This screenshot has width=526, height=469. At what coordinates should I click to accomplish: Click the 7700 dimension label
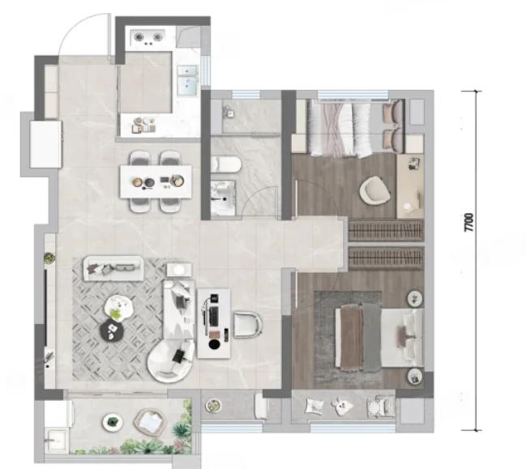(x=469, y=222)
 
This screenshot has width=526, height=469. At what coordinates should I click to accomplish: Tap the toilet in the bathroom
(x=225, y=164)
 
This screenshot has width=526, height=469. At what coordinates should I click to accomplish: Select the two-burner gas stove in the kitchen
(x=148, y=37)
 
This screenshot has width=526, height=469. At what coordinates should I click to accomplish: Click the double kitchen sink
(x=186, y=80)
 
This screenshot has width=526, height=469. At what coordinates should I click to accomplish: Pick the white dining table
(x=156, y=181)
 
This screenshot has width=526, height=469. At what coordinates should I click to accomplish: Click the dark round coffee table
(x=113, y=330)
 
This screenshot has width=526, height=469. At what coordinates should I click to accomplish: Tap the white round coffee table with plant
(x=118, y=307)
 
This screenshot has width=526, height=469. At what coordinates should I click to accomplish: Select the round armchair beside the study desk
(x=374, y=190)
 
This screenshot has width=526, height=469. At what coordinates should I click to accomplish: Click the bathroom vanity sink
(x=223, y=198)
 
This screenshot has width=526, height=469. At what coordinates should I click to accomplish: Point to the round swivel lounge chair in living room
(x=170, y=361)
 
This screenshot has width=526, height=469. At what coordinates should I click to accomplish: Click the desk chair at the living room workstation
(x=247, y=325)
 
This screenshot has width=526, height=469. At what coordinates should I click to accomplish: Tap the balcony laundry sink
(x=57, y=440)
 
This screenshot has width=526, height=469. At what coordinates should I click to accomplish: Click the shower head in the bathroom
(x=229, y=111)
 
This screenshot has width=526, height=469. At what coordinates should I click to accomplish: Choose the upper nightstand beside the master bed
(x=416, y=298)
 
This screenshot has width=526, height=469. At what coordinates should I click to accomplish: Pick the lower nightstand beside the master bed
(x=416, y=377)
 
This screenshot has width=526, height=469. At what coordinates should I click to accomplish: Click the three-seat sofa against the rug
(x=113, y=268)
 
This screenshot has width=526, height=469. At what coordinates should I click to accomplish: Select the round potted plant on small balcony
(x=213, y=406)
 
